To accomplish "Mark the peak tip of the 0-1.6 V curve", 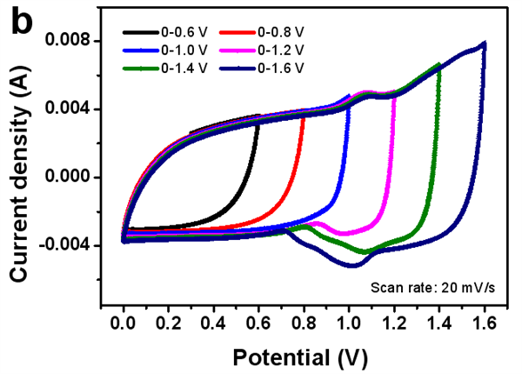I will click(x=484, y=43).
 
